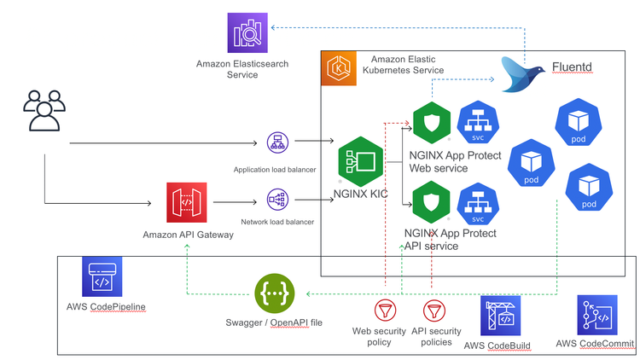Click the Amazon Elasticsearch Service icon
[247, 33]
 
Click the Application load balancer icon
[276, 142]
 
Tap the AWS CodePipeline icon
[102, 276]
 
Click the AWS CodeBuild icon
[500, 316]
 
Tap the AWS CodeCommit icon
[596, 316]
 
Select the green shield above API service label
[431, 205]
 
